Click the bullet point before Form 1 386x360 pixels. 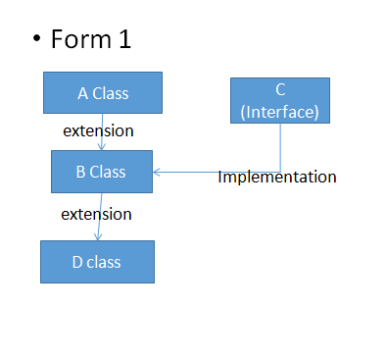click(x=36, y=41)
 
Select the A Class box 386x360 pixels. click(x=103, y=92)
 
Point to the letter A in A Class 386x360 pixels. click(x=82, y=93)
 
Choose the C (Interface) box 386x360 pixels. click(x=280, y=101)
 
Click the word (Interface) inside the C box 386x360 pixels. click(x=280, y=111)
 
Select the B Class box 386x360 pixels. click(x=102, y=172)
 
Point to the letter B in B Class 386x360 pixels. click(x=81, y=173)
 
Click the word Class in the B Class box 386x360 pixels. click(x=109, y=173)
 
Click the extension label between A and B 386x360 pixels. click(x=98, y=130)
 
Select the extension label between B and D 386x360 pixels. click(x=96, y=213)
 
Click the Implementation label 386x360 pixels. click(x=277, y=178)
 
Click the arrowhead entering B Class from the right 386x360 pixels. click(x=157, y=173)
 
